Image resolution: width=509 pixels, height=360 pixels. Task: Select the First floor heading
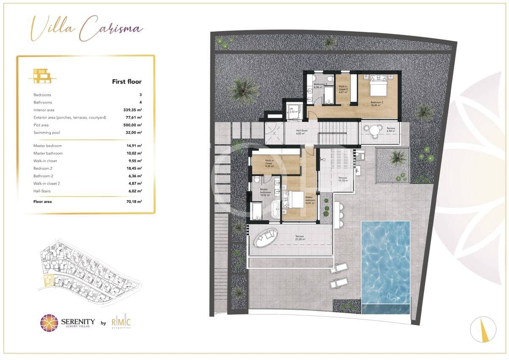(x=126, y=81)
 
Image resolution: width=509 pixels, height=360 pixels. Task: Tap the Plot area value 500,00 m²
(x=132, y=125)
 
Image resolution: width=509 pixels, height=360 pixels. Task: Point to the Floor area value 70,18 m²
(x=134, y=202)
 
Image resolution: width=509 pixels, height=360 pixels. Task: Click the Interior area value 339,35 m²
(x=132, y=110)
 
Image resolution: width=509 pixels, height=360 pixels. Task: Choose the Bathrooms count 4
(x=140, y=102)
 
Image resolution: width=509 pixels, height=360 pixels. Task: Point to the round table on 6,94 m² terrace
(x=374, y=130)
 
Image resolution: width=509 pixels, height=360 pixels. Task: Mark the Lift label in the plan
(x=291, y=109)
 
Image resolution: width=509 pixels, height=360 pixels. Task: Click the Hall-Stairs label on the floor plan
(x=302, y=131)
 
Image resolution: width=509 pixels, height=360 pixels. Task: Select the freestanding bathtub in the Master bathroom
(x=275, y=210)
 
